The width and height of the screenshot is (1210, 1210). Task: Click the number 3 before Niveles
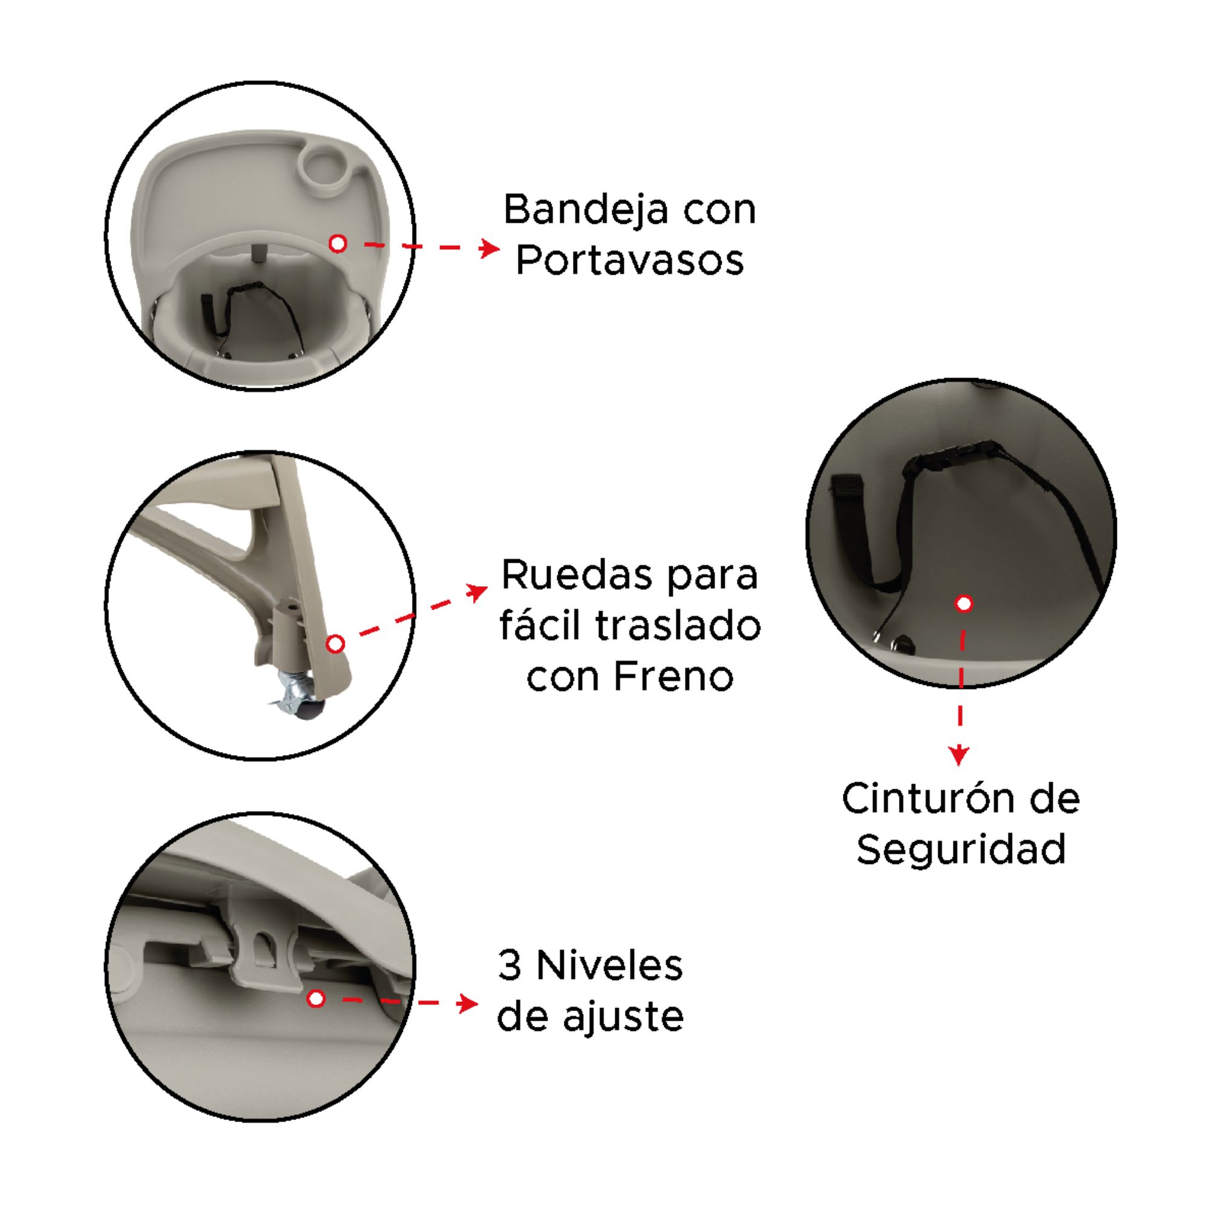point(510,966)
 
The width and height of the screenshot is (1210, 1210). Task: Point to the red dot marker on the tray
point(338,244)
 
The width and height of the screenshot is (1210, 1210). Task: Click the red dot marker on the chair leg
point(336,643)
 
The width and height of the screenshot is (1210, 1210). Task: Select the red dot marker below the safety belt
point(964,604)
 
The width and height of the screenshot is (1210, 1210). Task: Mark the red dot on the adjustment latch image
point(316,998)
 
